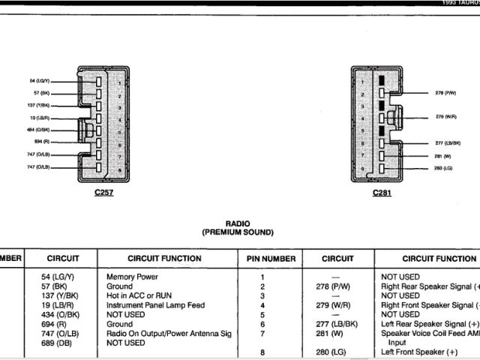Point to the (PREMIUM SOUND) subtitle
237,232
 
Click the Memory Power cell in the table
132,277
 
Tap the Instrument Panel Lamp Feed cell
155,305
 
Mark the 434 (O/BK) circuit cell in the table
61,315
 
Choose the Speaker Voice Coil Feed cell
428,333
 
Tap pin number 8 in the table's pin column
262,352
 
